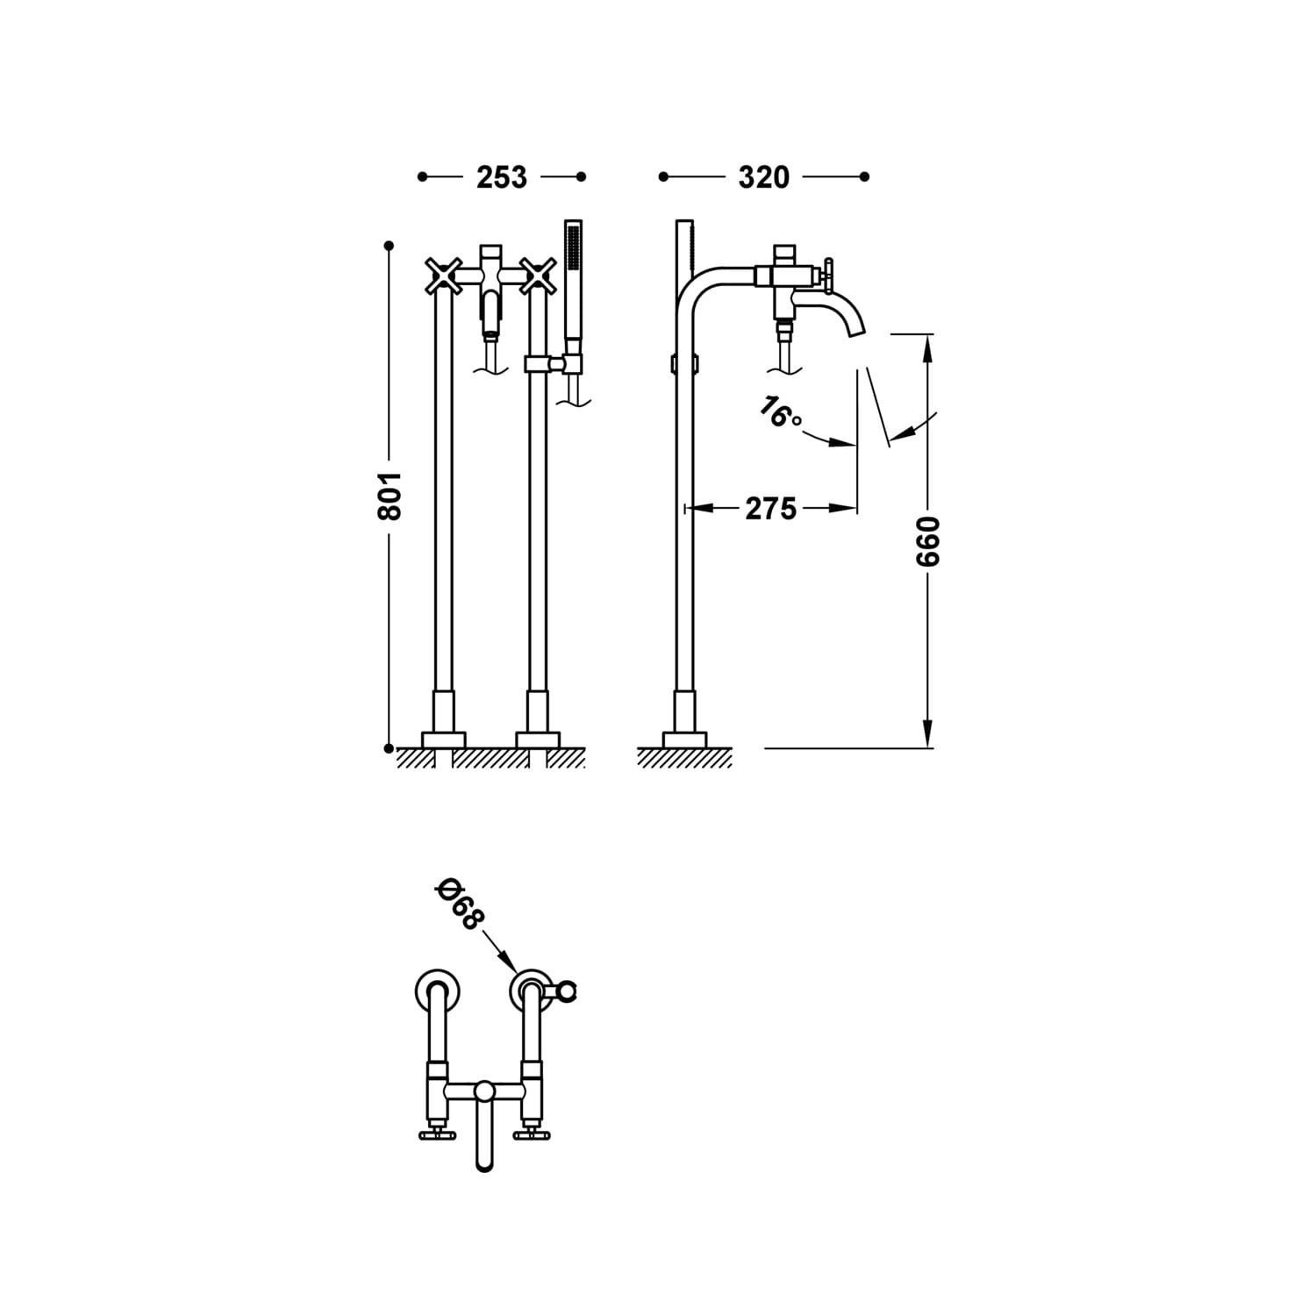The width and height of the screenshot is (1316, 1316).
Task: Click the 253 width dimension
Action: point(502,177)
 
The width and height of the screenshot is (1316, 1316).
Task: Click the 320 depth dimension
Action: point(763,177)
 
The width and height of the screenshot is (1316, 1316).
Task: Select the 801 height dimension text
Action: point(389,495)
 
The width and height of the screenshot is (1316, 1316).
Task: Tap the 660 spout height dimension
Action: point(927,540)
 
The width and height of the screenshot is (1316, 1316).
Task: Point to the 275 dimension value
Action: point(771,508)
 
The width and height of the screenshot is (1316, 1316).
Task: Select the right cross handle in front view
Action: point(538,275)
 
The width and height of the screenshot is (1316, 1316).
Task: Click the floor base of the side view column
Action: point(684,739)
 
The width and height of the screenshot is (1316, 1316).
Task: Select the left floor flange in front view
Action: point(443,739)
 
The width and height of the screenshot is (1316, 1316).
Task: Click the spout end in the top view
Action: point(484,1163)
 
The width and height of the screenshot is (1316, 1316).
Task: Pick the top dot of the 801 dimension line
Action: point(389,246)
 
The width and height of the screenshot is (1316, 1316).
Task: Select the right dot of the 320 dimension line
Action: point(864,177)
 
